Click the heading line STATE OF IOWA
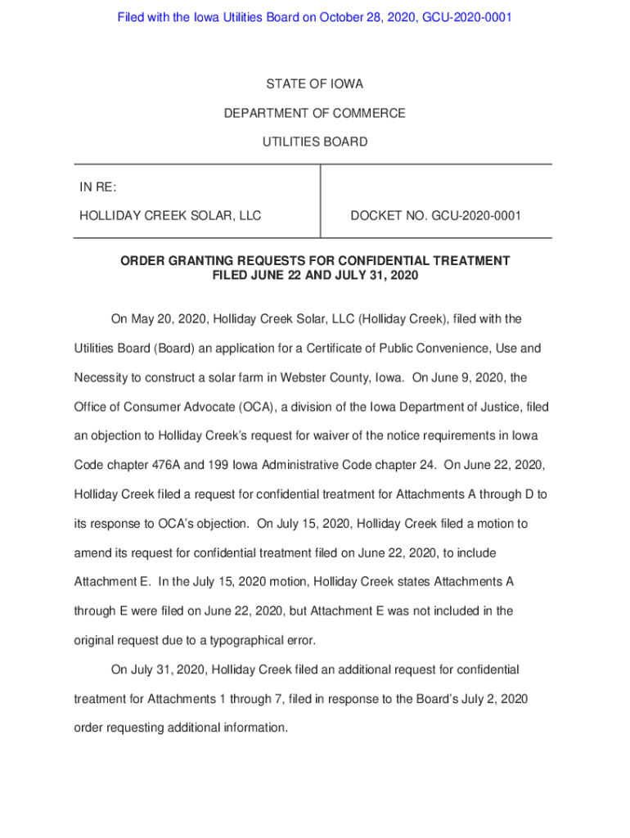314,84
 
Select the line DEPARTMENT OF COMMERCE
314,113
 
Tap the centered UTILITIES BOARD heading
314,142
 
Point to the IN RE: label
97,187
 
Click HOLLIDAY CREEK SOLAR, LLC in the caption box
170,216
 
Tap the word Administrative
299,465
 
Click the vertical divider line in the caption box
320,201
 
